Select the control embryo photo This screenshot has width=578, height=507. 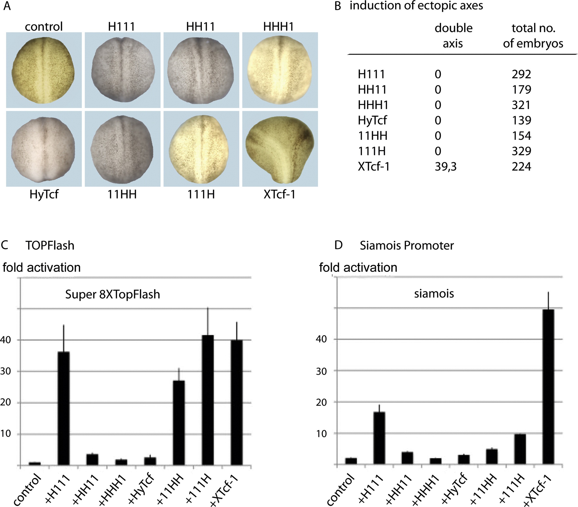pyautogui.click(x=44, y=70)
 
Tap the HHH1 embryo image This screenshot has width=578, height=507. pyautogui.click(x=280, y=70)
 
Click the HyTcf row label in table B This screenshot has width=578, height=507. pyautogui.click(x=372, y=120)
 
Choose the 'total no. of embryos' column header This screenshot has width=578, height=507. pyautogui.click(x=533, y=36)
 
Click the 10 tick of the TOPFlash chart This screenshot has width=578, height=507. pyautogui.click(x=6, y=433)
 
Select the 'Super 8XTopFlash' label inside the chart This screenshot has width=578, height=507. pyautogui.click(x=113, y=294)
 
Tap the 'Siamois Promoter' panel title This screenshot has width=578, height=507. pyautogui.click(x=406, y=246)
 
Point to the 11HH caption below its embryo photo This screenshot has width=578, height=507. pyautogui.click(x=122, y=194)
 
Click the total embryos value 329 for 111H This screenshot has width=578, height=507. pyautogui.click(x=521, y=151)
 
